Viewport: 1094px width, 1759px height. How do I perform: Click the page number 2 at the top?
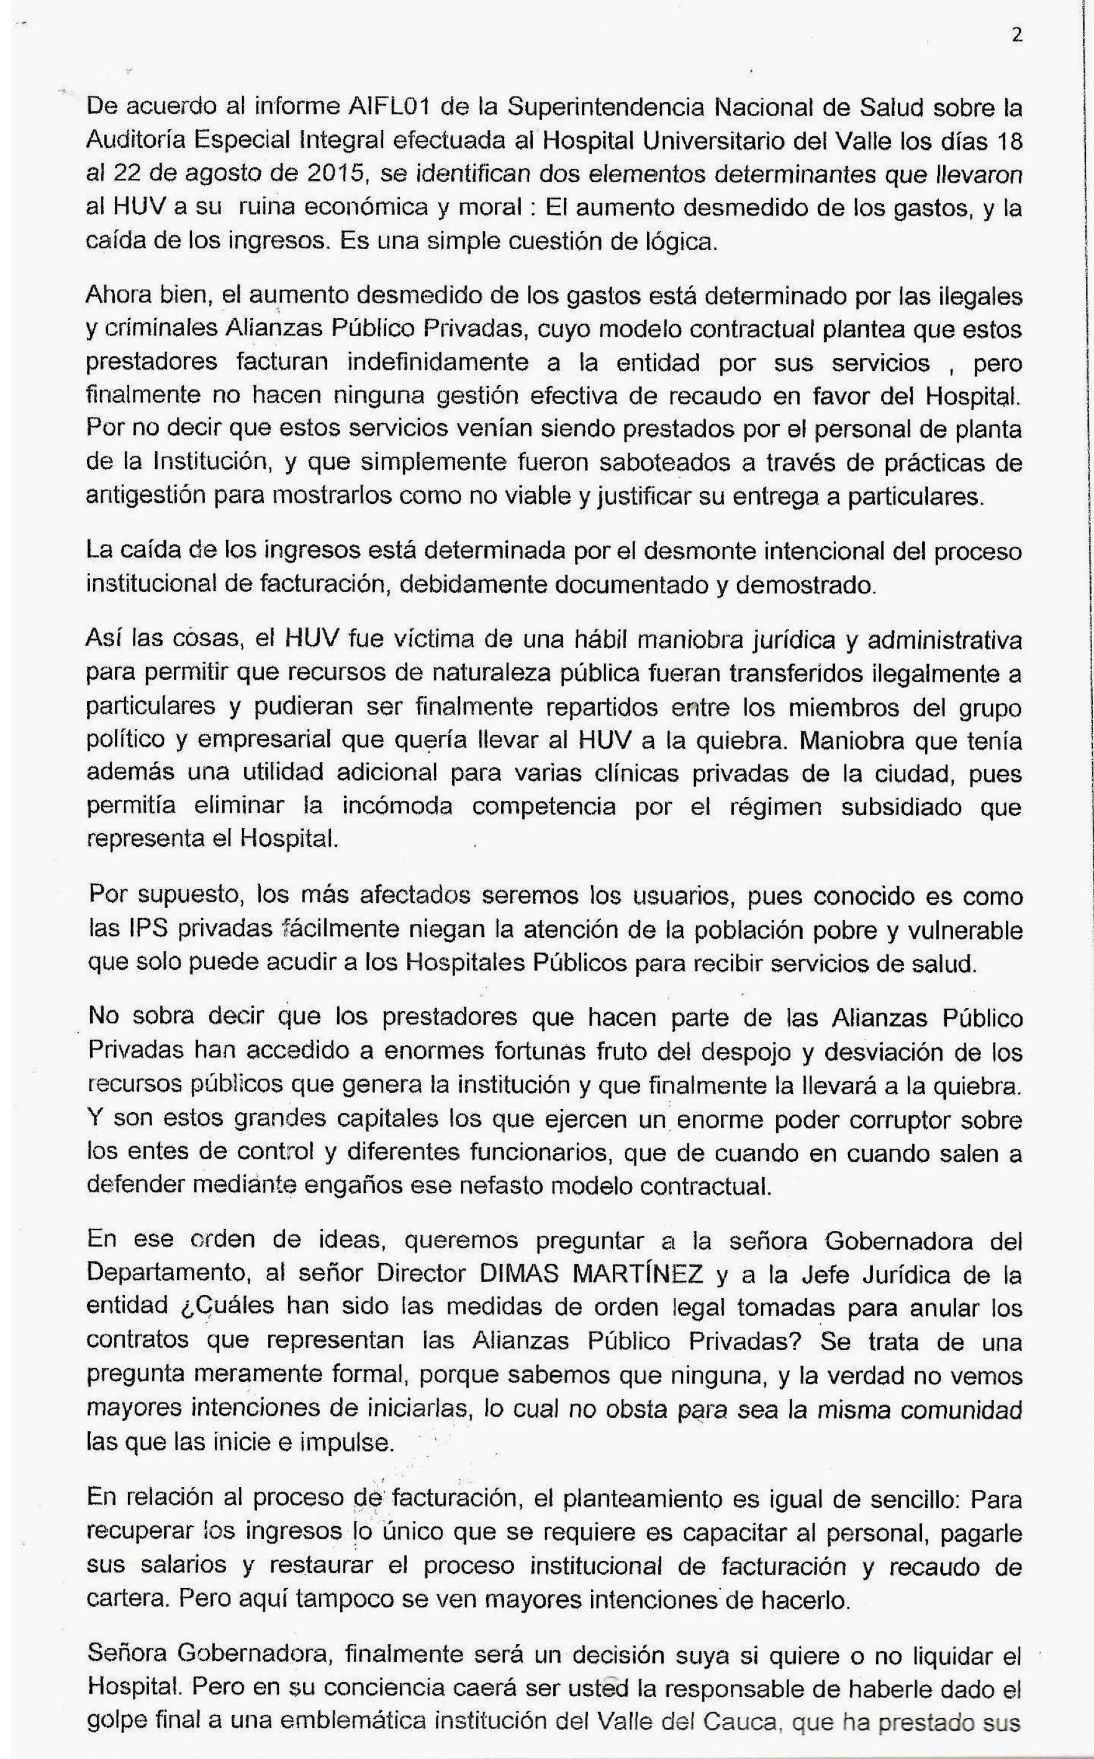(x=1016, y=35)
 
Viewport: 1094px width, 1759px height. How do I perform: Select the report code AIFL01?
(x=391, y=108)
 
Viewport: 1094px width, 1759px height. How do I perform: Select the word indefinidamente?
(x=461, y=363)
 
